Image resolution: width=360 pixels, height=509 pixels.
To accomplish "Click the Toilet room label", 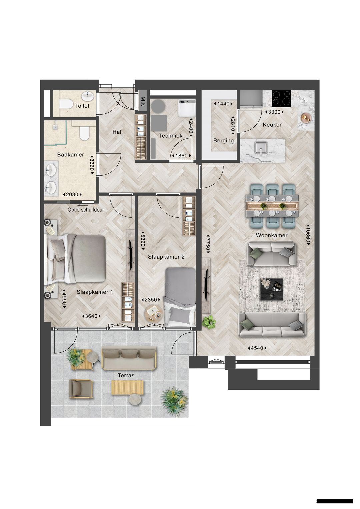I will click(82, 106).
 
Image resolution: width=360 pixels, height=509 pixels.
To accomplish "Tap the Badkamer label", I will click(70, 155).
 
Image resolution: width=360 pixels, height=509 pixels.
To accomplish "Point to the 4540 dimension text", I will click(257, 348).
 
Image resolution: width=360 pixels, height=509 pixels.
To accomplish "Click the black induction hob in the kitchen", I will click(281, 98).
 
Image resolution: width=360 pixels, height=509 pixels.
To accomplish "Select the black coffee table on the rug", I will click(272, 289).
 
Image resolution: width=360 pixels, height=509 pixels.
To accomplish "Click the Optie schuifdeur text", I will click(86, 210).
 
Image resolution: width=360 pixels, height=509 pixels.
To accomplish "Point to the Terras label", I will click(126, 375).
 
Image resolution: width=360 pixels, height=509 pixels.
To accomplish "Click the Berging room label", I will click(223, 140).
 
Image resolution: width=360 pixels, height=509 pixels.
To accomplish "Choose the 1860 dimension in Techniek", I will click(181, 156).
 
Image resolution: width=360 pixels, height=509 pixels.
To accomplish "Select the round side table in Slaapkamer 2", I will click(153, 313).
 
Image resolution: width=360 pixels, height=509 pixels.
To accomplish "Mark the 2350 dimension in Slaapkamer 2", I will click(150, 300).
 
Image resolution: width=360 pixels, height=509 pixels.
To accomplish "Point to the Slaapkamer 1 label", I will click(95, 292).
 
